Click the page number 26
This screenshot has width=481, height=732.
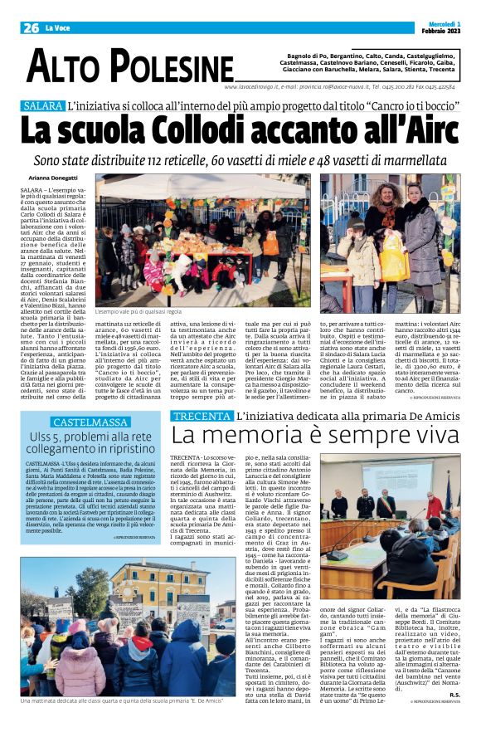(31, 27)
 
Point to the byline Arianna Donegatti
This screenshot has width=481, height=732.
(52, 178)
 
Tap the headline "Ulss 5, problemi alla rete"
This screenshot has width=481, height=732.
(91, 438)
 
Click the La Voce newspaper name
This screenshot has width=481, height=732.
(58, 28)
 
